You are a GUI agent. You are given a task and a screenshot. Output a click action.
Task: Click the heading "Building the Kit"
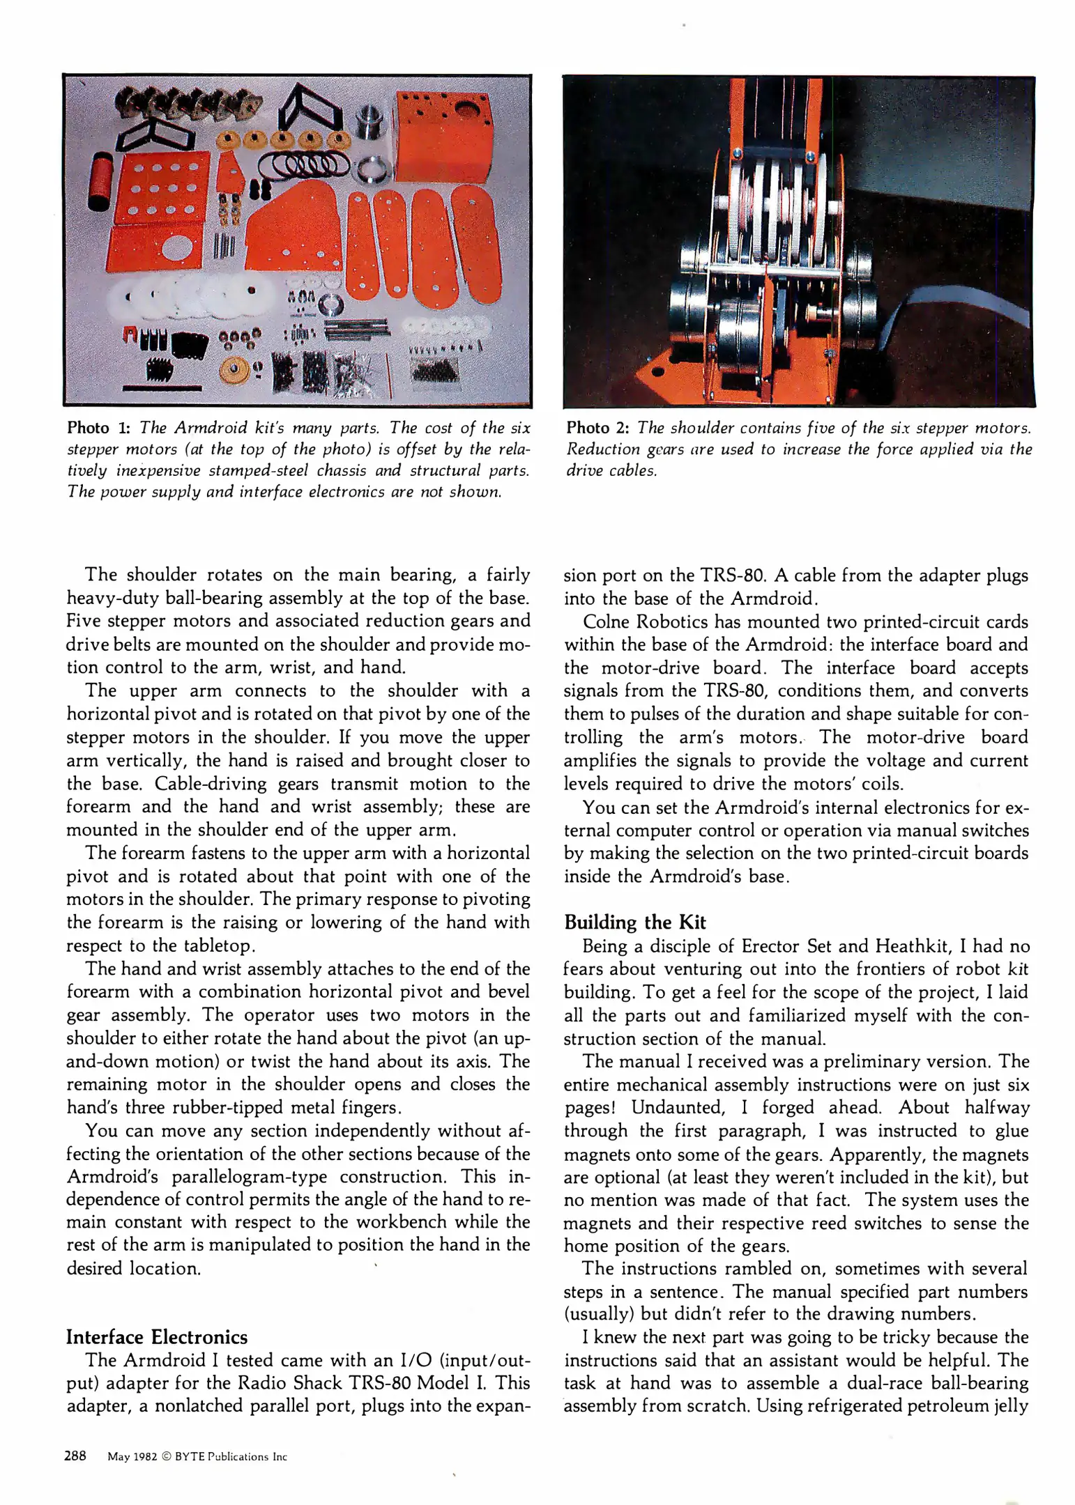634,922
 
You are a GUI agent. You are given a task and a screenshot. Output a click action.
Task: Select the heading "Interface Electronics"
156,1336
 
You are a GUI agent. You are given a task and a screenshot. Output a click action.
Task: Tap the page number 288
75,1455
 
